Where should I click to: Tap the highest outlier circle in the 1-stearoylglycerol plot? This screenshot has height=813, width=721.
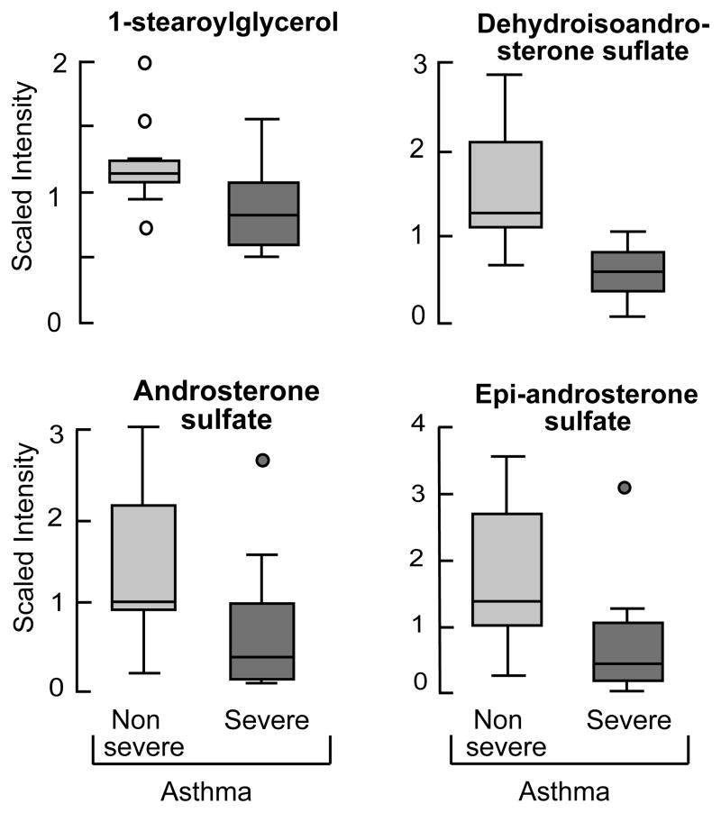click(x=144, y=62)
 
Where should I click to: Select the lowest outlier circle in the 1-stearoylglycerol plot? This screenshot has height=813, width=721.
click(x=144, y=228)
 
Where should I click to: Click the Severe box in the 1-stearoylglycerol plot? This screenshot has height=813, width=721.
click(x=263, y=214)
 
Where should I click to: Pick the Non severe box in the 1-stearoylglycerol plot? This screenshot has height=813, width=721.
click(x=144, y=171)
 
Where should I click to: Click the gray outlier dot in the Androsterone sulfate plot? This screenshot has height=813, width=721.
click(x=263, y=460)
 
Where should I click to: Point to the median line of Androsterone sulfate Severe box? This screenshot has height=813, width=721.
click(x=263, y=657)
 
